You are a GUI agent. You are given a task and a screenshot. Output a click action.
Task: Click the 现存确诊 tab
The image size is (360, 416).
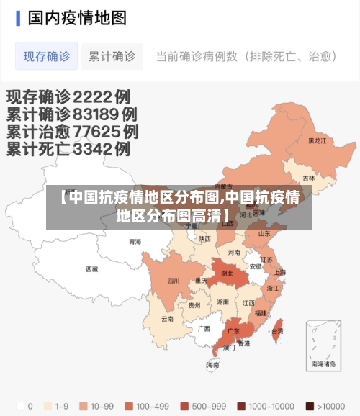(47, 55)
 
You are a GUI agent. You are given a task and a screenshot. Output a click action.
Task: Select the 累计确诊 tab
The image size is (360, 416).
(112, 55)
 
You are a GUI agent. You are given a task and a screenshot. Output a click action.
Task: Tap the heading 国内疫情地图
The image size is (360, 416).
(77, 17)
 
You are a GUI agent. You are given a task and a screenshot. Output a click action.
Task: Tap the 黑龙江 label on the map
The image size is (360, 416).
(318, 141)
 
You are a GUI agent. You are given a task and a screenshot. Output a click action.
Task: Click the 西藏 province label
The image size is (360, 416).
(92, 269)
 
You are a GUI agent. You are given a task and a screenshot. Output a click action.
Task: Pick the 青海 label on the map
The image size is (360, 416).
(135, 242)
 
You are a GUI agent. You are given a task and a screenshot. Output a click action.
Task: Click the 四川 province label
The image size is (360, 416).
(174, 281)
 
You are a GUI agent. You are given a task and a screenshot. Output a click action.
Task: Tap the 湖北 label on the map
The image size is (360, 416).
(228, 273)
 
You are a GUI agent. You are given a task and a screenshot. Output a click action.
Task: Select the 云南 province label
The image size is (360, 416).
(167, 318)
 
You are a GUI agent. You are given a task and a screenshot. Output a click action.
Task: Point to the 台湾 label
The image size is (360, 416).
(277, 331)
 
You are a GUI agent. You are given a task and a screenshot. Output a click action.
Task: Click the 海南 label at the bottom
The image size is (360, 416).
(213, 365)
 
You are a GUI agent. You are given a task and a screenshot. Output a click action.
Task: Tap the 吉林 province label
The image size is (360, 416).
(308, 178)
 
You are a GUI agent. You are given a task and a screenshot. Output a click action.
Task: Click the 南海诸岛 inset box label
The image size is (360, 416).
(323, 364)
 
